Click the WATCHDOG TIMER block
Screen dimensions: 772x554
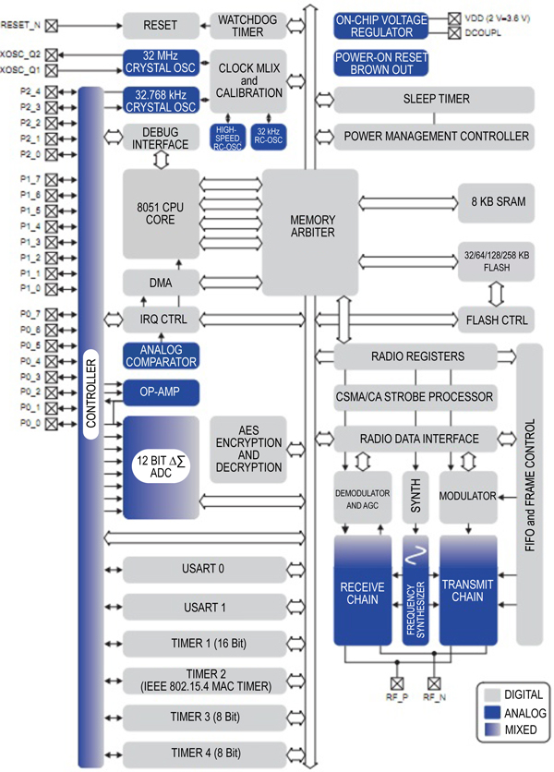coord(247,25)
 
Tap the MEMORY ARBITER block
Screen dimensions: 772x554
coord(311,226)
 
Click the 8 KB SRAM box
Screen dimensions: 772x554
coord(496,201)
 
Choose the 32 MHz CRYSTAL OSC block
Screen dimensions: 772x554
coord(161,62)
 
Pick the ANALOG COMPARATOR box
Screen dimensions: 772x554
coord(161,356)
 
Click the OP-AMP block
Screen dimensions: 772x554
coord(161,392)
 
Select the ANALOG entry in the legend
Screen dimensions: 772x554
coord(522,713)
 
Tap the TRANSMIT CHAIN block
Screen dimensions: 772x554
coord(467,592)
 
